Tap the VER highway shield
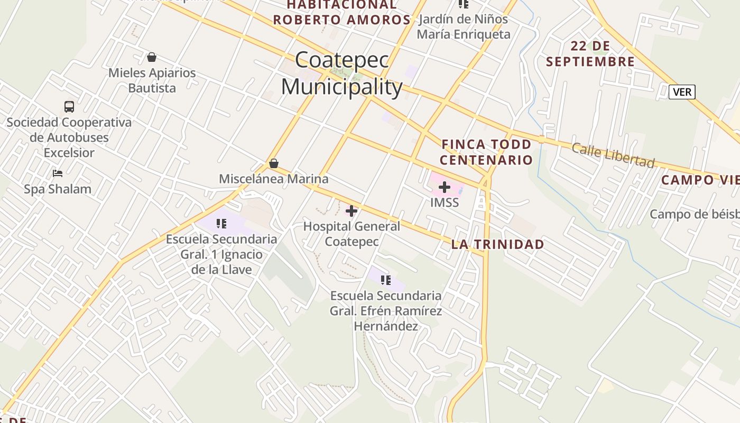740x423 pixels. [682, 92]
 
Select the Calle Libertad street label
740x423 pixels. [613, 155]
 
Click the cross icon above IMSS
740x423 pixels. [445, 187]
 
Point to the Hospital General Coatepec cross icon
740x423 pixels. [351, 211]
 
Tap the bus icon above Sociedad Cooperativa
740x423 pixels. [69, 107]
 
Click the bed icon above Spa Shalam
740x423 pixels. [58, 173]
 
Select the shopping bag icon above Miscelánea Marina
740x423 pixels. [274, 163]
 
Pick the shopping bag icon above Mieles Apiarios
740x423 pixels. [152, 57]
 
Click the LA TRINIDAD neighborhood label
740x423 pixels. [497, 244]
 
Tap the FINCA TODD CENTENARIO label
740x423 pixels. [487, 152]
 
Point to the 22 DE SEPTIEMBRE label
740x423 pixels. [590, 53]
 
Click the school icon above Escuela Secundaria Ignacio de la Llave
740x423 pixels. [221, 224]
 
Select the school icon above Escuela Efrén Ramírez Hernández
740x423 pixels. [386, 280]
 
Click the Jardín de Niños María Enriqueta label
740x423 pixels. [464, 27]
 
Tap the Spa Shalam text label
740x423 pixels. [58, 189]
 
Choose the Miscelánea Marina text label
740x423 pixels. [274, 179]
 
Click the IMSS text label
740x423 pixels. [445, 203]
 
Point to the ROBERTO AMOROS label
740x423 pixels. [341, 20]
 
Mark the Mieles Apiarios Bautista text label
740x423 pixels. [152, 80]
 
